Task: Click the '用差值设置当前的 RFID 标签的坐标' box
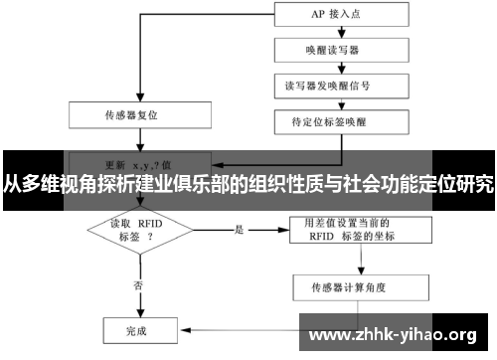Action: pyautogui.click(x=354, y=231)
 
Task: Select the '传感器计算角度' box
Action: pyautogui.click(x=354, y=288)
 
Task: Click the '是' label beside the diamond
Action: pyautogui.click(x=239, y=230)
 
